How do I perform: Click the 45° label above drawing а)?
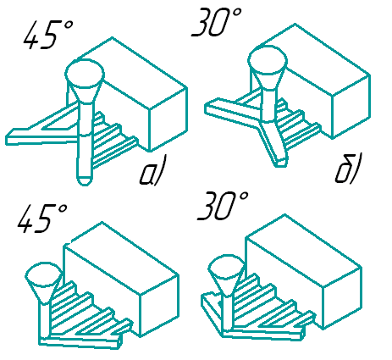tap(48, 35)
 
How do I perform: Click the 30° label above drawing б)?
tap(217, 22)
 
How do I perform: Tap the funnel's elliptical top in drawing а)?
tap(85, 74)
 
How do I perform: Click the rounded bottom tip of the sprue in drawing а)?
tap(85, 181)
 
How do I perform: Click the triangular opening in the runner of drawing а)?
tap(60, 124)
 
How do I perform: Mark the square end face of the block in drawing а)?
tap(168, 119)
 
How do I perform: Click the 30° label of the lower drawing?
tap(223, 206)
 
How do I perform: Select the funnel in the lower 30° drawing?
tap(227, 274)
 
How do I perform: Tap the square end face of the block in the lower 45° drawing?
tap(159, 305)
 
